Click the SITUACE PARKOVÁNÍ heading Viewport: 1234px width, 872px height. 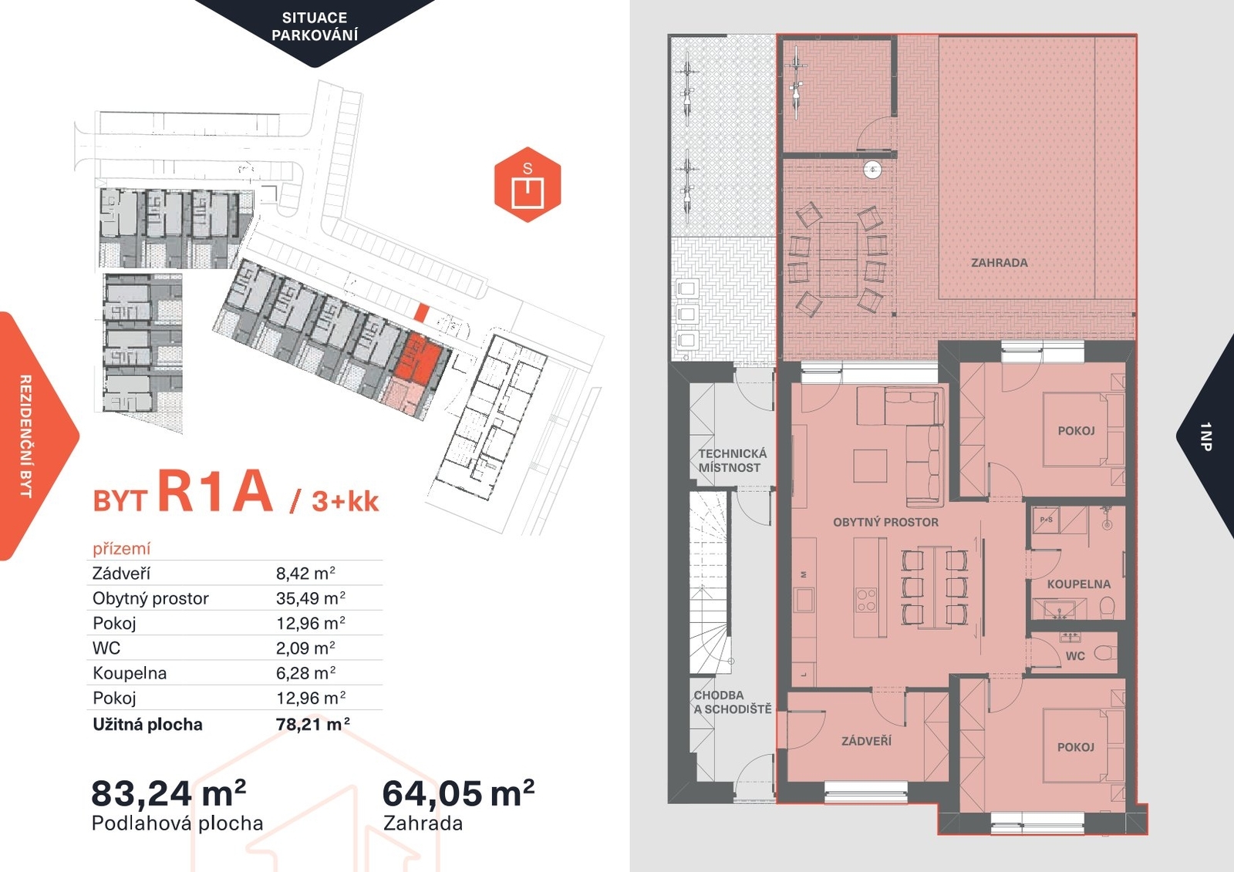point(315,26)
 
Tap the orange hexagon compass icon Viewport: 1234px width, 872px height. point(528,184)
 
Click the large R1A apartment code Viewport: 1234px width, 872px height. point(215,491)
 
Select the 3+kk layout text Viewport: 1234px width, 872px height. point(346,501)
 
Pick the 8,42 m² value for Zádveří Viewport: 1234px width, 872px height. point(305,574)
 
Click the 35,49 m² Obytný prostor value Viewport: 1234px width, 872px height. point(311,598)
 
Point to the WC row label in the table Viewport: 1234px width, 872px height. point(106,648)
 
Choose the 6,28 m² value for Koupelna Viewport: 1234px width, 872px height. point(305,673)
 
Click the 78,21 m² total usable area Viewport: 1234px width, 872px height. point(313,724)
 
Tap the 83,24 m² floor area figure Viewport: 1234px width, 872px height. point(169,793)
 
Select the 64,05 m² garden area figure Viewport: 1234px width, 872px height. point(458,793)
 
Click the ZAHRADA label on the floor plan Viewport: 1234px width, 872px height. point(1000,263)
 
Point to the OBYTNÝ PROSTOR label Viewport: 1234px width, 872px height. point(886,522)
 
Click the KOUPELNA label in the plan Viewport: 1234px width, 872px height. point(1079,584)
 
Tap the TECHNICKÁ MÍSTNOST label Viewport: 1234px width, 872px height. point(732,460)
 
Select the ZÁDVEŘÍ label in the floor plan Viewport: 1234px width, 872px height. point(867,741)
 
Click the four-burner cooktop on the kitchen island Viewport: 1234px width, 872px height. point(867,600)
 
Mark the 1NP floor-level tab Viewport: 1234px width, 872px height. point(1206,436)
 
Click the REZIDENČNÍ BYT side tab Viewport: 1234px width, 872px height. point(26,436)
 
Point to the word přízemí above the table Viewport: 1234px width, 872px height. point(121,549)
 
